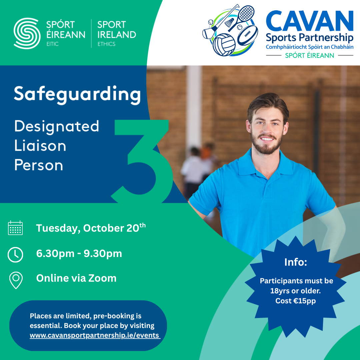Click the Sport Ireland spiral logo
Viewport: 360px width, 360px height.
coord(27,33)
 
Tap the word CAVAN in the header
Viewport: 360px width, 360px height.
coord(309,21)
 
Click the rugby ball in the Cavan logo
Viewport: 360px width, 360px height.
coord(247,35)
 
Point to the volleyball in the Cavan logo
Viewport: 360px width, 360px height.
coord(224,45)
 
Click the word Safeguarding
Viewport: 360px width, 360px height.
coord(77,94)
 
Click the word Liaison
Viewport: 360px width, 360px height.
coord(40,146)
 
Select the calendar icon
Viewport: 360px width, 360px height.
coord(15,228)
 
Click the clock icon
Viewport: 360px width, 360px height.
coord(15,255)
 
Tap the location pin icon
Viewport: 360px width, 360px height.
coord(16,280)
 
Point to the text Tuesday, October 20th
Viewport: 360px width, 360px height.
coord(91,228)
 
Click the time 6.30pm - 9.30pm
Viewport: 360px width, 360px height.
coord(79,254)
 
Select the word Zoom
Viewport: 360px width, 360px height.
coord(102,278)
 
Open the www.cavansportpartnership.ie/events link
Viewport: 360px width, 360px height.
coord(95,335)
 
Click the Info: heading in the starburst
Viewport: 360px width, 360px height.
coord(295,262)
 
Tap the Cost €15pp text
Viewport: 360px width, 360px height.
coord(295,301)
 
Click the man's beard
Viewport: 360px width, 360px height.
coord(266,143)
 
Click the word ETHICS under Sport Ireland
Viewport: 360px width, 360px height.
coord(107,44)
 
